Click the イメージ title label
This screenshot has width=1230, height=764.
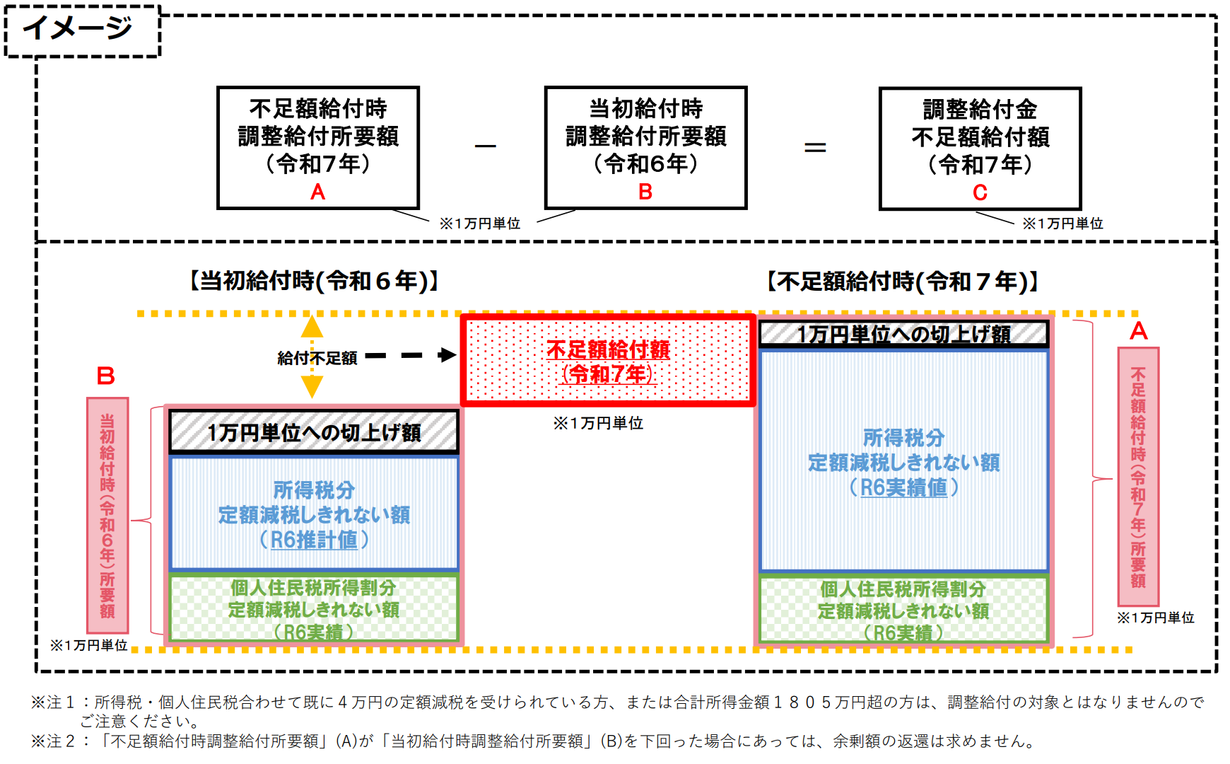point(78,28)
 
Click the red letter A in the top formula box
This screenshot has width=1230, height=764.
point(317,192)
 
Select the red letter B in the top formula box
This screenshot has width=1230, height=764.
point(645,192)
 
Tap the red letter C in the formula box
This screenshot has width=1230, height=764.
point(980,192)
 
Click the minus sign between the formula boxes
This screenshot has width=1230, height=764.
point(485,146)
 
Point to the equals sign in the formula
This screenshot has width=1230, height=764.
point(815,147)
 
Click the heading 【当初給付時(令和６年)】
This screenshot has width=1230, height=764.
point(315,281)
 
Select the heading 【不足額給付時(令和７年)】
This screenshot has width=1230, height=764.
point(903,282)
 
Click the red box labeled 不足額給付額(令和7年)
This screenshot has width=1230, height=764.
point(608,361)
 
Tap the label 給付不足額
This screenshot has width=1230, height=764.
point(317,358)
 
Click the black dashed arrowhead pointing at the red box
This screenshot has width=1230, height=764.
point(447,355)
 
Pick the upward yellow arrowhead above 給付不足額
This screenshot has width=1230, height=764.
point(312,327)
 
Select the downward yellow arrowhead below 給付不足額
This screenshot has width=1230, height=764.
point(312,386)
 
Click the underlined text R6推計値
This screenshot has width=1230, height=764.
point(314,540)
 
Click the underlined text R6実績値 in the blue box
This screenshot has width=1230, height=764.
point(903,487)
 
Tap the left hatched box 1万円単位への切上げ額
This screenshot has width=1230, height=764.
point(314,432)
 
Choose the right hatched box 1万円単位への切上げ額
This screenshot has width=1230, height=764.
point(903,334)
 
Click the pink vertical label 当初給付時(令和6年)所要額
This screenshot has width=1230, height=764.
point(107,515)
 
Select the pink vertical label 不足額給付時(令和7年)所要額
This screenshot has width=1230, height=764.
point(1137,476)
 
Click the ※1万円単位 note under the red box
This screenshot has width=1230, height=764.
point(598,423)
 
